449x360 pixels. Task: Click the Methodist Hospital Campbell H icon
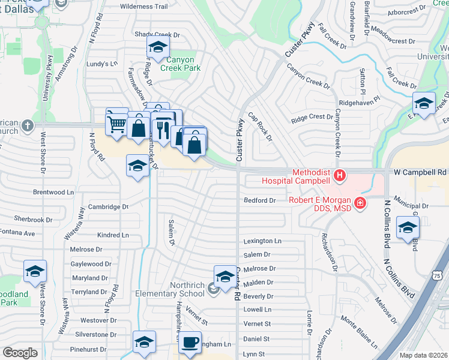340,176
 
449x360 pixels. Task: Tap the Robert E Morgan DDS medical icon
360,204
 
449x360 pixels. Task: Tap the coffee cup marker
190,342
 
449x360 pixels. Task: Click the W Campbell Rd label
420,172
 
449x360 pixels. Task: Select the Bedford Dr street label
260,200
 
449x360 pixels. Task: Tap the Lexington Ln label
262,241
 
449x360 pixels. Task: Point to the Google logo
20,353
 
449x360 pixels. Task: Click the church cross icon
27,126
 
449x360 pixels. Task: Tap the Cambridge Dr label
109,207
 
